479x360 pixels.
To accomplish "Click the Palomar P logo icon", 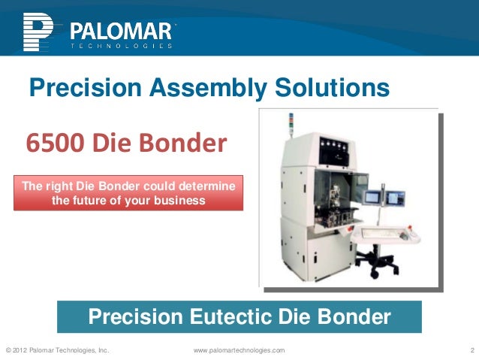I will click(38, 31).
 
